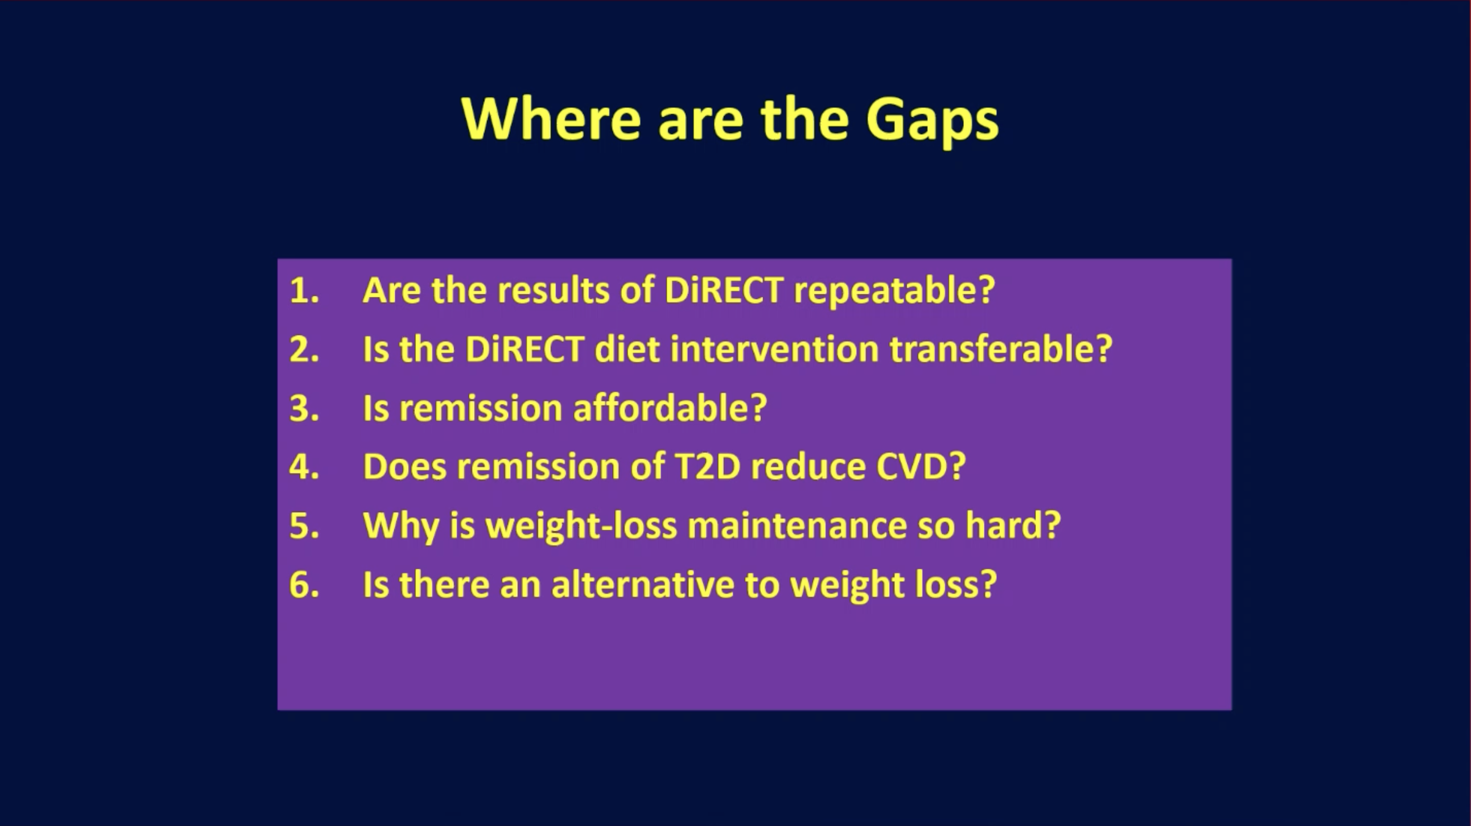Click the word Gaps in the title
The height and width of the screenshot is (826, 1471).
pyautogui.click(x=933, y=120)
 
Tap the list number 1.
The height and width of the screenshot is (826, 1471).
pyautogui.click(x=304, y=290)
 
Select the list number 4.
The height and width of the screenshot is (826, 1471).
pyautogui.click(x=304, y=467)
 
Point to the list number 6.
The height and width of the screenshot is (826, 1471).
pyautogui.click(x=304, y=584)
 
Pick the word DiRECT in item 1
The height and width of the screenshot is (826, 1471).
pyautogui.click(x=723, y=289)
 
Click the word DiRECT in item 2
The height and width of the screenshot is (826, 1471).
pyautogui.click(x=525, y=348)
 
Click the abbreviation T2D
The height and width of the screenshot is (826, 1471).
pyautogui.click(x=707, y=467)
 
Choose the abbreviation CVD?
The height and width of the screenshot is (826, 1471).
pyautogui.click(x=920, y=467)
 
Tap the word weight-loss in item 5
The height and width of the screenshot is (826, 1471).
pyautogui.click(x=581, y=526)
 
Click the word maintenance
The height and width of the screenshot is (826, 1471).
pyautogui.click(x=797, y=526)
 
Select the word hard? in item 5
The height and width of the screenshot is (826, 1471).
pyautogui.click(x=1013, y=524)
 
